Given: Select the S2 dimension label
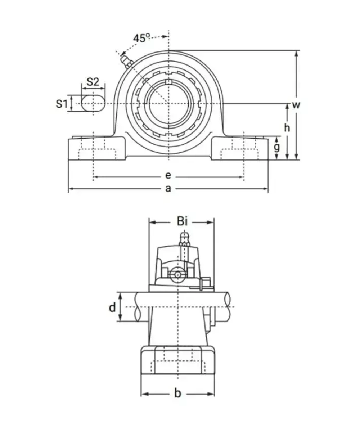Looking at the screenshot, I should coord(93,82).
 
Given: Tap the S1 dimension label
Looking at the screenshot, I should coord(62,104).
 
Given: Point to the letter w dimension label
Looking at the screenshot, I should coord(296,105).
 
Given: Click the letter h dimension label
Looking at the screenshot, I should coord(287,128).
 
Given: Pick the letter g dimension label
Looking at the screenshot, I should coord(276,147).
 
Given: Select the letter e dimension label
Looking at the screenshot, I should coord(168,176).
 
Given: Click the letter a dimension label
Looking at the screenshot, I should coord(168,188).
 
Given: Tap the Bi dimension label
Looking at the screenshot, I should coord(182,221).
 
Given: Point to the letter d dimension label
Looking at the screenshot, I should coord(112,307).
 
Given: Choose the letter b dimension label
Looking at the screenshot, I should coord(177,394).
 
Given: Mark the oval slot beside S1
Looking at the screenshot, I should coord(93,103).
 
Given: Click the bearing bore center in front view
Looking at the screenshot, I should coord(168,103).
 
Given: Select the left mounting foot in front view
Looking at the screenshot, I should coord(96,148).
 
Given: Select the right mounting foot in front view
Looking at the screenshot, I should coord(239,148).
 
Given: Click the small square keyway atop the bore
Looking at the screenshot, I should coord(168,82).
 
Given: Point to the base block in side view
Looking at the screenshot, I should coord(177,361).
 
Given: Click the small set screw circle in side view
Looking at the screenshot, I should coord(177,275).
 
